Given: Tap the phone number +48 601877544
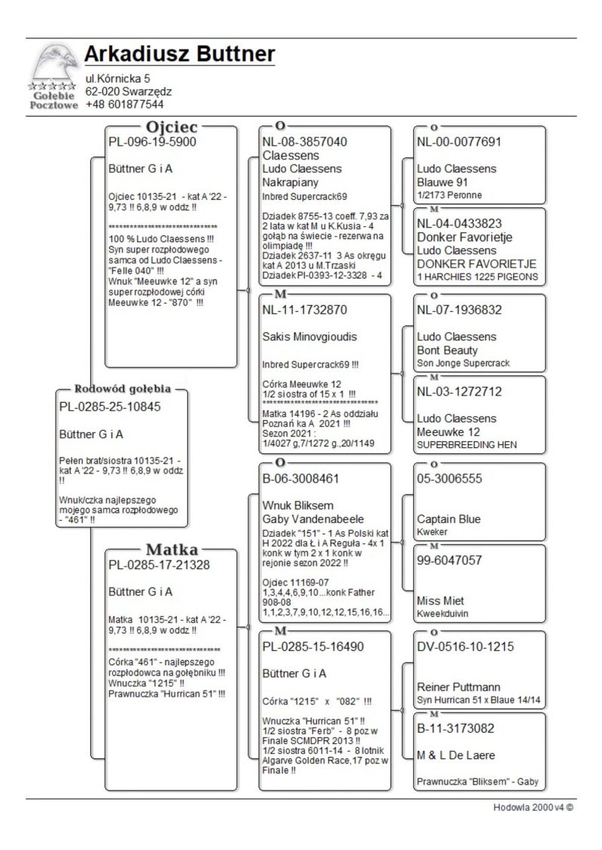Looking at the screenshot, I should click(x=124, y=104).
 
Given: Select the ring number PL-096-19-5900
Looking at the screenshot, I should click(x=152, y=141).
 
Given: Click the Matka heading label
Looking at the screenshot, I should click(x=172, y=549).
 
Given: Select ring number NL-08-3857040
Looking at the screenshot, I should click(x=304, y=141).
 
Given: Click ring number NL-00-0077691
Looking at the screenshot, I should click(x=458, y=141).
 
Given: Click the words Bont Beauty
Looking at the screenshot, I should click(x=447, y=350).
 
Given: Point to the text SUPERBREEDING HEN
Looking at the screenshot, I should click(x=466, y=445).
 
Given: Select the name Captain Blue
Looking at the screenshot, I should click(x=448, y=519).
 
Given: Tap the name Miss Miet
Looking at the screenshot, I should click(x=440, y=601).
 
